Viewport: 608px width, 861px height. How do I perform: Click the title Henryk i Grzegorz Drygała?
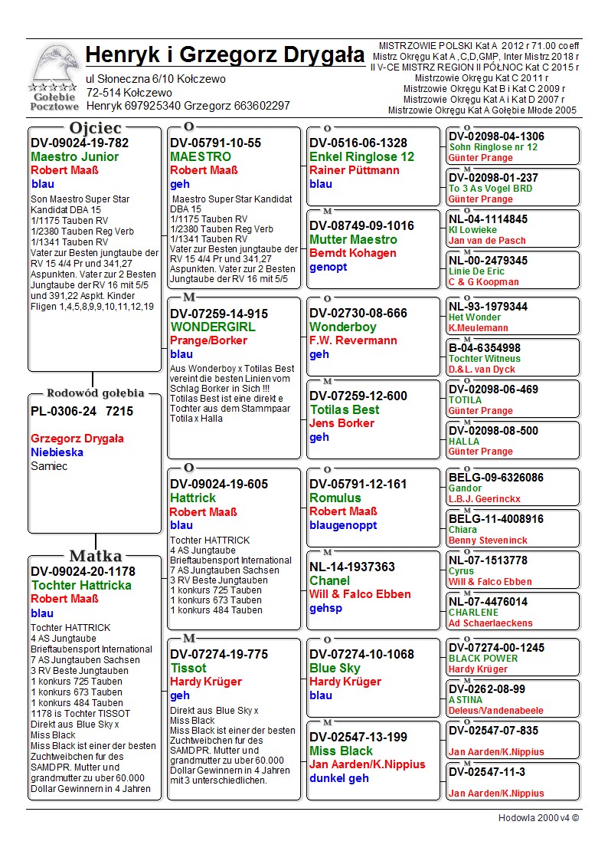[225, 55]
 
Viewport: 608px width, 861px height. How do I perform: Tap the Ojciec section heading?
[96, 128]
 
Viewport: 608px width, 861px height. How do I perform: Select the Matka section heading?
[96, 556]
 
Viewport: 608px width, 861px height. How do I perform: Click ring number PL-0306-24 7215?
[82, 411]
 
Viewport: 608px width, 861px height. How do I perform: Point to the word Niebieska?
[57, 452]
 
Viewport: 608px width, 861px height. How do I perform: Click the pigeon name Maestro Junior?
[75, 156]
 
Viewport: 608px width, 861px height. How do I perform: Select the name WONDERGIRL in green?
[213, 327]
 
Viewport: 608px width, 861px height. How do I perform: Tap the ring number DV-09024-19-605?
[219, 484]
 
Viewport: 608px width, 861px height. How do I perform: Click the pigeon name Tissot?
[188, 668]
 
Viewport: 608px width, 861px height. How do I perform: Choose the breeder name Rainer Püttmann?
[355, 170]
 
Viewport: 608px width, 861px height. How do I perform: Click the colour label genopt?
[329, 267]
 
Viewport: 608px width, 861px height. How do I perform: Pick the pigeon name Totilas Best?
[345, 409]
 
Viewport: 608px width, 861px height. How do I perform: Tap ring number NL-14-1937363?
[352, 567]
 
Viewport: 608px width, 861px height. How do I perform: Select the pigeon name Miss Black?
[341, 751]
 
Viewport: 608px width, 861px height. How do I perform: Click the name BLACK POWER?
[483, 659]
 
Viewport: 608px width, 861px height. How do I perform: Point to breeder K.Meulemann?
[479, 328]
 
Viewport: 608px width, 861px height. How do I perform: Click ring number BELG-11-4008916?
[496, 519]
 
